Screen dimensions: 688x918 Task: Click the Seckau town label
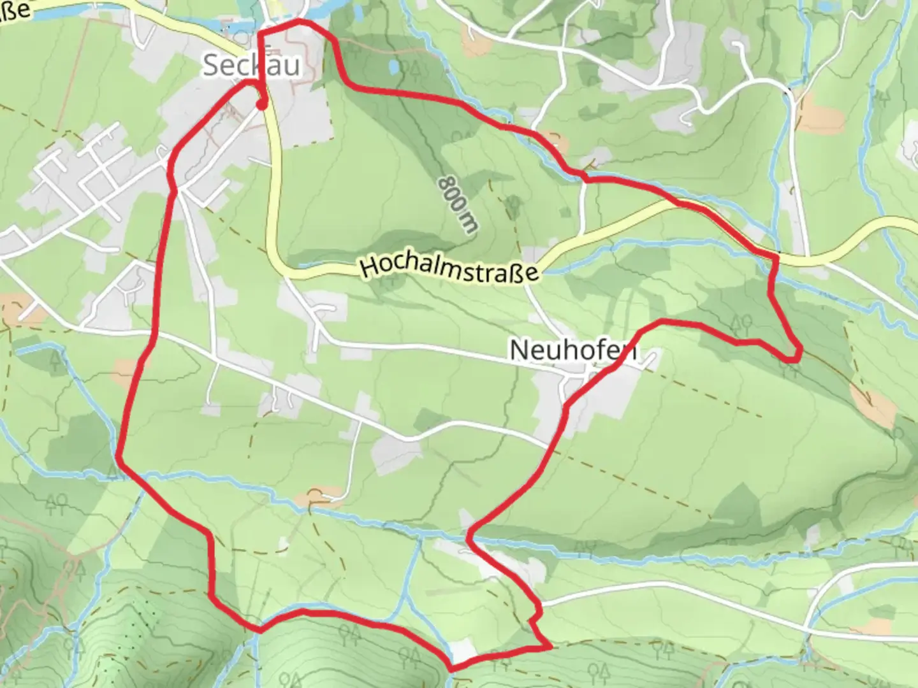[x=251, y=66]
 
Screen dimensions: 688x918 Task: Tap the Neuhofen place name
[x=572, y=350]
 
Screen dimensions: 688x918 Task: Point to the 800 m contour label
[x=456, y=204]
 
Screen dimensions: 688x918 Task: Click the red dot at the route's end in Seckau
[x=261, y=106]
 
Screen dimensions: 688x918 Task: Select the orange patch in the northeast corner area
[x=819, y=118]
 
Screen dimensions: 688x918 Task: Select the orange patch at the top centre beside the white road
[x=475, y=43]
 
